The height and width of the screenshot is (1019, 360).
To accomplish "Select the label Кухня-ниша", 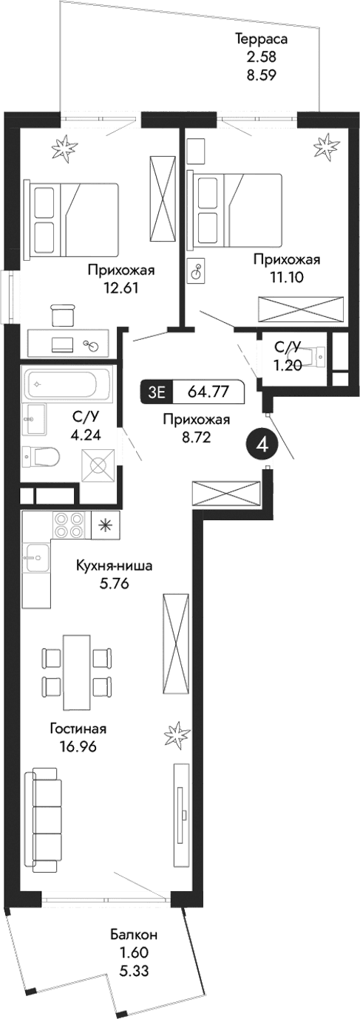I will pyautogui.click(x=115, y=567).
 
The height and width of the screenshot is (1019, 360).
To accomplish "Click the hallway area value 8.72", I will pyautogui.click(x=196, y=437).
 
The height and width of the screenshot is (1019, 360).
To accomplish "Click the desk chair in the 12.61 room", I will pyautogui.click(x=64, y=313).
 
